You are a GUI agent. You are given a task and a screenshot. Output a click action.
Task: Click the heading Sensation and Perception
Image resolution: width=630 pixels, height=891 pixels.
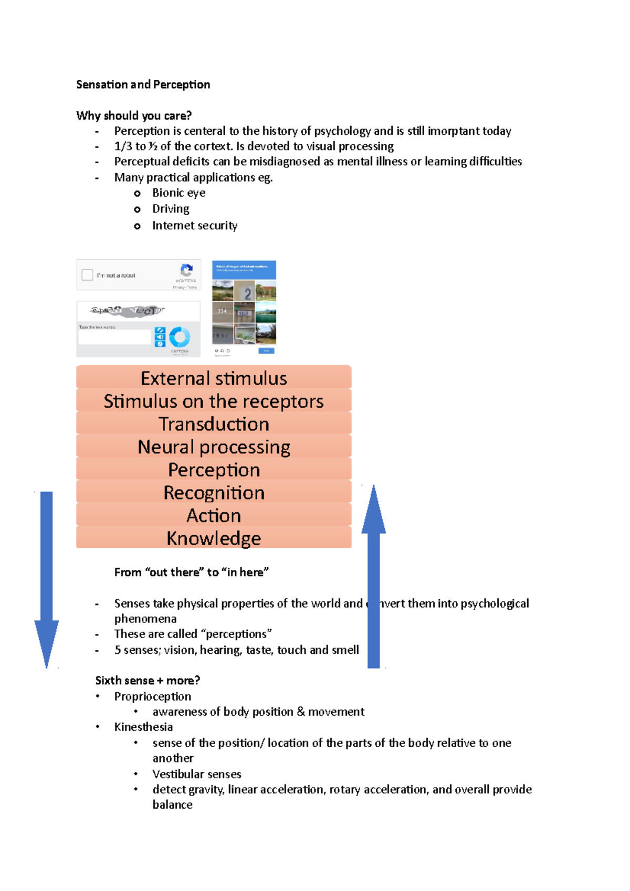pos(143,84)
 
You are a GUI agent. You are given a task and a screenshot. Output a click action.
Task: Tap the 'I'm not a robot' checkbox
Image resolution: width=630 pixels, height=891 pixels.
pos(87,275)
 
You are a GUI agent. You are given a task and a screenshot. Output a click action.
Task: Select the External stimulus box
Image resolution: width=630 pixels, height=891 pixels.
pos(214,378)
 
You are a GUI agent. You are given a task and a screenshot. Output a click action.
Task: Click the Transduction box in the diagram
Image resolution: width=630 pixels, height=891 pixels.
pos(214,423)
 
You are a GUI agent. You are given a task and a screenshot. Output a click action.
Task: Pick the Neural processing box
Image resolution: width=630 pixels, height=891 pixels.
pos(214,447)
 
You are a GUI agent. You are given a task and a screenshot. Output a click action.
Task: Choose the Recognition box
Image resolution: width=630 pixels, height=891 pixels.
pos(214,492)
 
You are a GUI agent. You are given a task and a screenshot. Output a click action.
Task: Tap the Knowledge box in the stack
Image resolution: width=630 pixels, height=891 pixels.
pos(214,538)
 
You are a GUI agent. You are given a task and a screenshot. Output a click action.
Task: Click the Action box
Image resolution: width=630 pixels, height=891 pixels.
pos(214,515)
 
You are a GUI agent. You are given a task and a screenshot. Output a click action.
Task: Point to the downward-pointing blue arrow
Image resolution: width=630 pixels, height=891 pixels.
pos(47,577)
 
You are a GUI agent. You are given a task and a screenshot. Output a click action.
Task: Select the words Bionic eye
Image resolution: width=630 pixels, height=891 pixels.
pos(178,193)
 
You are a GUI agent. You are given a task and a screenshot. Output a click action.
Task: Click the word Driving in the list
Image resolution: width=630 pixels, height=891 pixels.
pos(171,209)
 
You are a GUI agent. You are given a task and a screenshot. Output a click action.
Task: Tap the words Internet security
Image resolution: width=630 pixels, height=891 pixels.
pos(195,225)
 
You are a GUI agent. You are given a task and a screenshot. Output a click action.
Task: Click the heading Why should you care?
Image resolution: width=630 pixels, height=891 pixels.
pos(134,115)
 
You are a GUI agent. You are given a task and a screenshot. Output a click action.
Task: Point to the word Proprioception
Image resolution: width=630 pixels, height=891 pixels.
pos(153,696)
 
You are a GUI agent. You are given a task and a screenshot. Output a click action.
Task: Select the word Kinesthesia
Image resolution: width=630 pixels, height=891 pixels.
pos(143,727)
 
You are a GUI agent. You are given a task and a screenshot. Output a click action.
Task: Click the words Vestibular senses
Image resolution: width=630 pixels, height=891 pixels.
pos(197,774)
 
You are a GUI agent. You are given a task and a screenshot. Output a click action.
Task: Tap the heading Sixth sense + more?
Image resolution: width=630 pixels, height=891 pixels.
pos(148,681)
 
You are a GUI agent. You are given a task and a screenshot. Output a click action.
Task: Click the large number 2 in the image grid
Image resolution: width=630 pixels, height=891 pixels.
pos(247,293)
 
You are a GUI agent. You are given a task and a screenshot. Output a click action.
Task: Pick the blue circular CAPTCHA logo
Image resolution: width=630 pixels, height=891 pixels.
pos(180,337)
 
